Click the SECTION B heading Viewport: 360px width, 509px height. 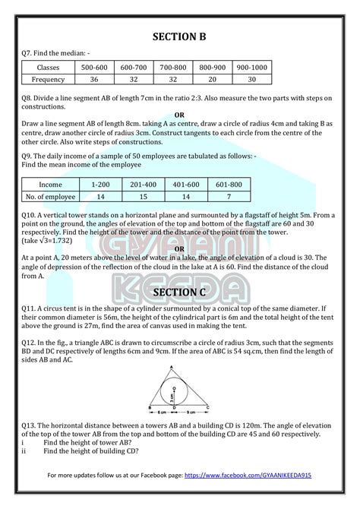point(179,36)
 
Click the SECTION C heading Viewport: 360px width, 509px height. point(180,292)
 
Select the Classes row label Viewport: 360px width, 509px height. point(48,68)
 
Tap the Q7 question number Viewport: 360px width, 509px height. point(30,52)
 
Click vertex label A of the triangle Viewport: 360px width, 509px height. point(179,365)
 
